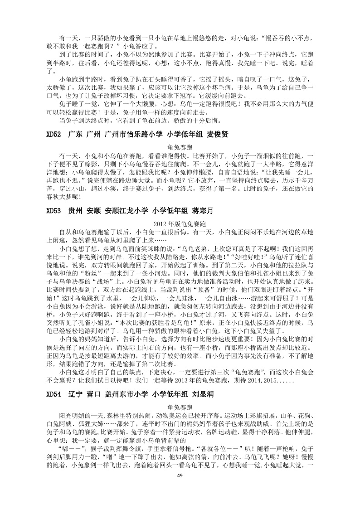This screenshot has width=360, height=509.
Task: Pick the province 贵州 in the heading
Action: [x=75, y=211]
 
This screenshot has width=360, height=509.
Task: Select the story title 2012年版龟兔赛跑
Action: [x=180, y=223]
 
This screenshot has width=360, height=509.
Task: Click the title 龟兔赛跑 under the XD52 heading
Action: [x=180, y=147]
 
